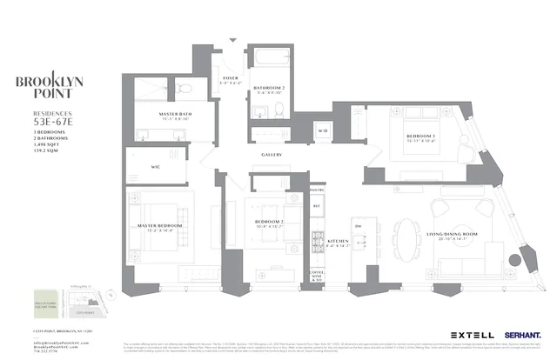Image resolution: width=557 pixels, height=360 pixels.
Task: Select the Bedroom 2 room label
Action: pos(266,223)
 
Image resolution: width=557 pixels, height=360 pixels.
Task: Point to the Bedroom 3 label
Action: pos(421,137)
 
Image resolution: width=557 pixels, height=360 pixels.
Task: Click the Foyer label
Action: pos(231,80)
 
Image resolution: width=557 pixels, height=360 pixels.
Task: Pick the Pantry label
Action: pos(317,189)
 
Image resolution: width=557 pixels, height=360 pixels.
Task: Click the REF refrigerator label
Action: pos(317,206)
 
